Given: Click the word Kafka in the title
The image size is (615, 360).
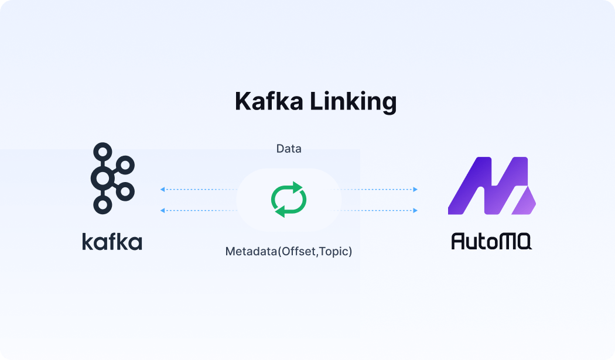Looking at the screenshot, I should click(x=269, y=102).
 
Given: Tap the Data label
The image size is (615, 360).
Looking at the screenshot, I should click(x=289, y=149).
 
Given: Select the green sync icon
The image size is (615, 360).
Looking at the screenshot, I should click(x=289, y=199).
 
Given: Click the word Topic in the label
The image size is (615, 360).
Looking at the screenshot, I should click(x=334, y=252).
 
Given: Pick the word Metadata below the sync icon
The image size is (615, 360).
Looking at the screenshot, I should click(x=251, y=252).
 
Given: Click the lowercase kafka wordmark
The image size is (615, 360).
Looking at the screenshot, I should click(x=112, y=241).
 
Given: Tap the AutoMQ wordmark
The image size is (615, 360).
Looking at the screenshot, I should click(x=491, y=241).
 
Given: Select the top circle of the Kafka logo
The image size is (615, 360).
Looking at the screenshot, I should click(x=103, y=152).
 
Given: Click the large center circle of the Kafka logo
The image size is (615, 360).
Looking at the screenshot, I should click(x=103, y=178).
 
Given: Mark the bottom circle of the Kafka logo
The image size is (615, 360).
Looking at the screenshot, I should click(x=103, y=204).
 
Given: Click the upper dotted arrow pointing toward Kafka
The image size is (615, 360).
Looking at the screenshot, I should click(x=199, y=190).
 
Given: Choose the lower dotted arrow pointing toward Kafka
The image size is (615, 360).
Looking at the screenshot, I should click(x=199, y=210).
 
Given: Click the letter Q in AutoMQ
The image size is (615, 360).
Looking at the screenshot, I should click(x=522, y=241).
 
